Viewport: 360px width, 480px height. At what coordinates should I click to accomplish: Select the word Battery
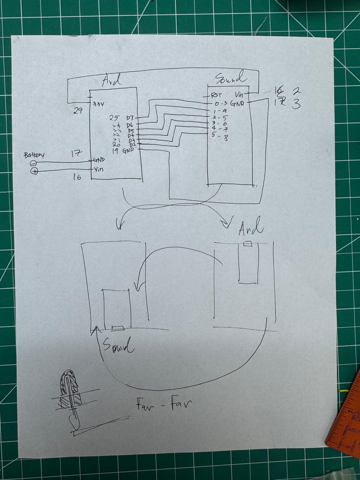[34, 155]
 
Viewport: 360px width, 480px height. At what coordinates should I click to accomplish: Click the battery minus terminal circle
[34, 163]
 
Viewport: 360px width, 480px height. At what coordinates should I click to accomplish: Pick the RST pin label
[216, 95]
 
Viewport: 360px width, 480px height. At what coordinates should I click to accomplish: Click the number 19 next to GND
[115, 151]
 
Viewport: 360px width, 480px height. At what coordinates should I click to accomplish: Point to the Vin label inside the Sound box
[239, 95]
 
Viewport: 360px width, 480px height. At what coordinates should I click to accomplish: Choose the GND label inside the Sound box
[237, 103]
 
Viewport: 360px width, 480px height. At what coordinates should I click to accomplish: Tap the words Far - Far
[163, 404]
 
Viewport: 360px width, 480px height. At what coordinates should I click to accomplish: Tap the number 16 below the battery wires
[77, 177]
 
